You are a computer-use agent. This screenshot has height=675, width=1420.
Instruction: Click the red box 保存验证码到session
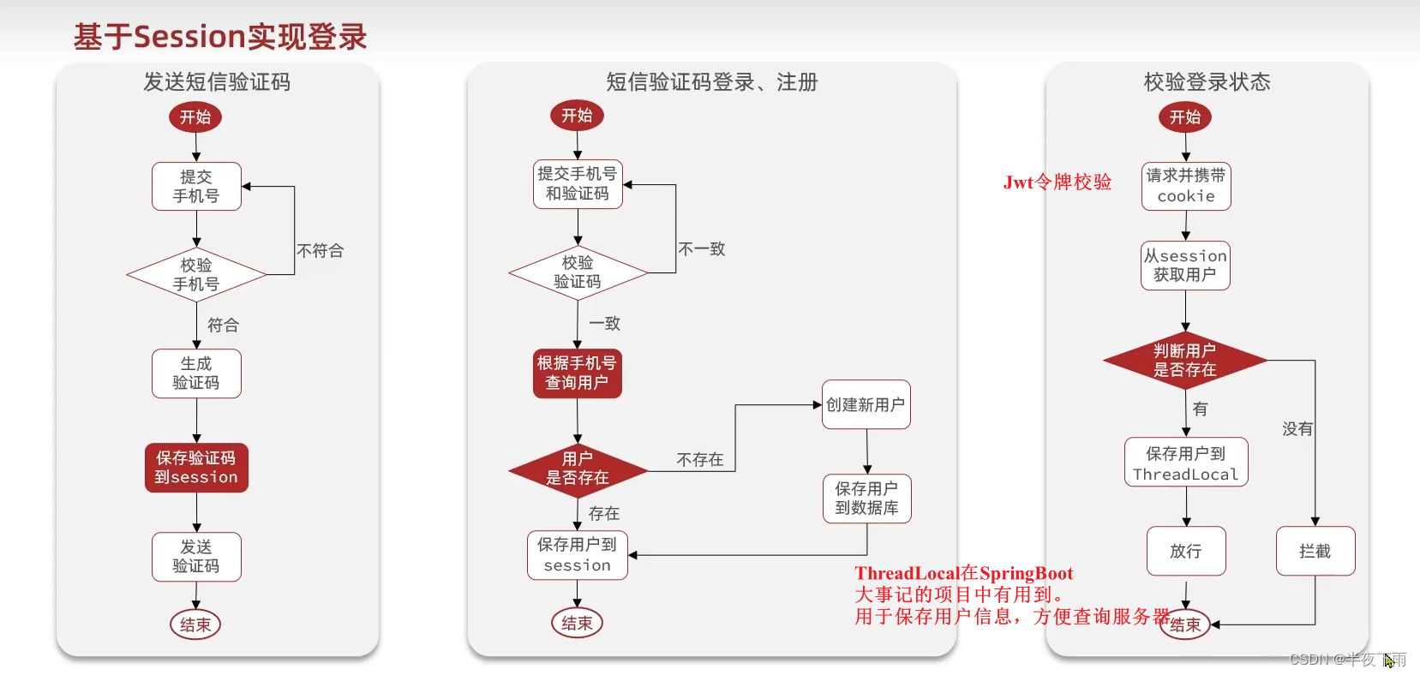coord(196,468)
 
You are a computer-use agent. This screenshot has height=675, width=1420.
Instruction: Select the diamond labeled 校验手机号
coord(196,275)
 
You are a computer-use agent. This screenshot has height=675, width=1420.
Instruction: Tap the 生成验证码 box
coord(196,373)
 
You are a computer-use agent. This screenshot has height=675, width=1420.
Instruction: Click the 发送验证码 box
coord(196,557)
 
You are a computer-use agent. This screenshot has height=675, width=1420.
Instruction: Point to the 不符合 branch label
coord(320,251)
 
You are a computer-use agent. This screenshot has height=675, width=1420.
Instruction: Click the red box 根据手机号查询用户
coord(578,373)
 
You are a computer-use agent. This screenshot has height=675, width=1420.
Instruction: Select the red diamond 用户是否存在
coord(578,469)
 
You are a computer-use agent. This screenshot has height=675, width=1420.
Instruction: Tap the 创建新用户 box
coord(866,404)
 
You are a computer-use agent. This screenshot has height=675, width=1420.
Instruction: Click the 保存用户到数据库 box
coord(866,499)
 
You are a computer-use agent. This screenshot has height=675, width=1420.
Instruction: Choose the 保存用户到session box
coord(578,555)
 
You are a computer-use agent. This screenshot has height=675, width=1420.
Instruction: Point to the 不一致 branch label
coord(701,249)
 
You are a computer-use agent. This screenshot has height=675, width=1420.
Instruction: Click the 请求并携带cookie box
coord(1186,186)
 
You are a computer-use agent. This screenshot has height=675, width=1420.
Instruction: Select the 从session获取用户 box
coord(1185,266)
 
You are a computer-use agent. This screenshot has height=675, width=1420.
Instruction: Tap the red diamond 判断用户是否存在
coord(1185,361)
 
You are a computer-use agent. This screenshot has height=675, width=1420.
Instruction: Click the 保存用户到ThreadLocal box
coord(1186,463)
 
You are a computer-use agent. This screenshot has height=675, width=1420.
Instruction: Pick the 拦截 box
coord(1315,551)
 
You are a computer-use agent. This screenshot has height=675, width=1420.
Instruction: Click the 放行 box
coord(1186,551)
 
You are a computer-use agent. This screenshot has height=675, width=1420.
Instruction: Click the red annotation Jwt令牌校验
coord(1058,182)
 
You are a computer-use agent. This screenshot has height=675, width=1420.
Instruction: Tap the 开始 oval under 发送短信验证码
coord(195,117)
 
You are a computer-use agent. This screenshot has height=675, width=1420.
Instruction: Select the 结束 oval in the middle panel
coord(577,624)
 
